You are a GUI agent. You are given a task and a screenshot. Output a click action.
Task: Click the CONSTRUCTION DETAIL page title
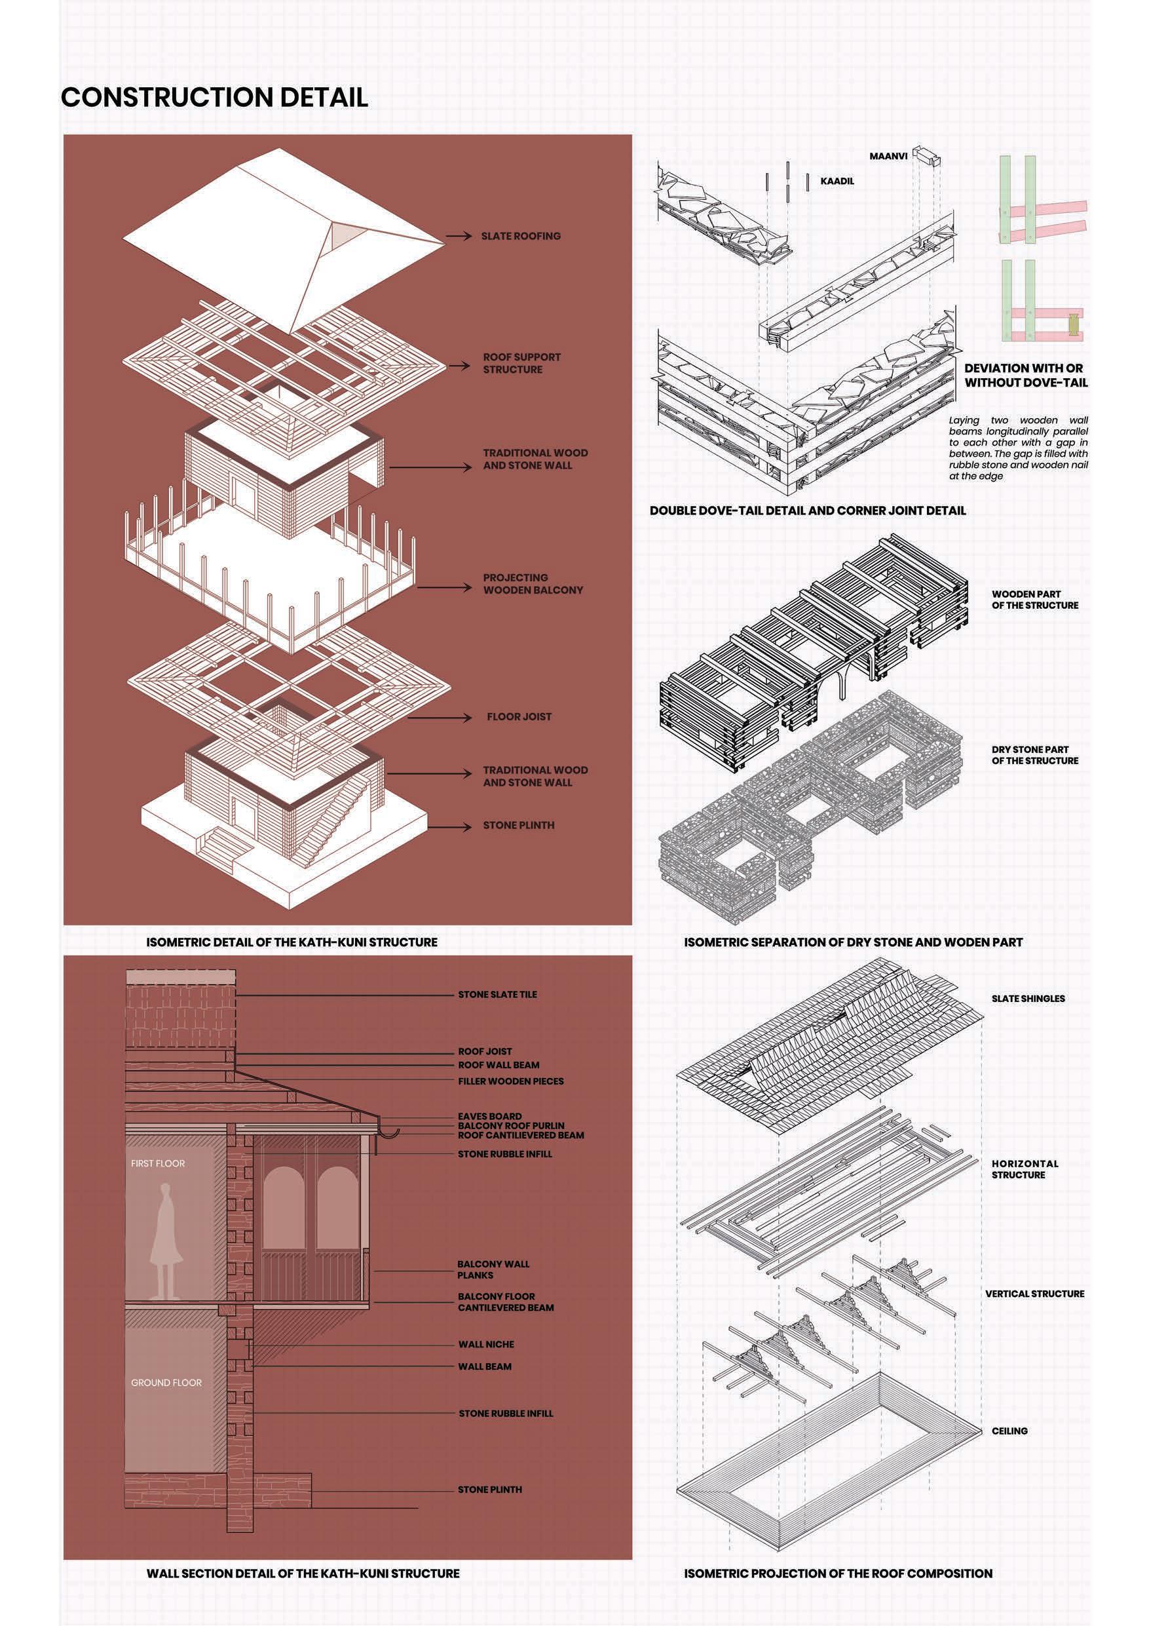214,97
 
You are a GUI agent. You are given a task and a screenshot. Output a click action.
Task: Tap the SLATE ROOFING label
520,236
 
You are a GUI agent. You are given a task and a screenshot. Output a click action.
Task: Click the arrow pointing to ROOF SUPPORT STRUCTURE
458,366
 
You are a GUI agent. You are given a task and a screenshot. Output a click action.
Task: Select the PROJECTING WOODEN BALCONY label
533,583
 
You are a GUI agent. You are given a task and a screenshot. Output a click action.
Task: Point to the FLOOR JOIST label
519,717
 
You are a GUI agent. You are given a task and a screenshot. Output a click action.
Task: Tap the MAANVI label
888,156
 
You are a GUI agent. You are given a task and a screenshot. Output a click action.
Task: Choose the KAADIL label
837,182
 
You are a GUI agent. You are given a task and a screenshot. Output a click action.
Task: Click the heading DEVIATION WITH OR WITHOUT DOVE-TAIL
1025,376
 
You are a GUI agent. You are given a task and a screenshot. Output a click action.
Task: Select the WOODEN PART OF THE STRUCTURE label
1034,600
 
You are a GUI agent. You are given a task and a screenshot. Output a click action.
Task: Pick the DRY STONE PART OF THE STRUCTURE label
1034,755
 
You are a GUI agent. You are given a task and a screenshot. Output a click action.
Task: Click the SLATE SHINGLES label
1028,999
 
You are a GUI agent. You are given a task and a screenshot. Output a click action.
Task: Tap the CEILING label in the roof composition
1009,1431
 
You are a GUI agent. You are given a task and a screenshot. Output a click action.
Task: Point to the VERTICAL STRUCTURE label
1034,1294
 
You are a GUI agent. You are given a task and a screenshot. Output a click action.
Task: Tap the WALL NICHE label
485,1344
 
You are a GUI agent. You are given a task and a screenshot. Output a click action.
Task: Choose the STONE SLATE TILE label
497,994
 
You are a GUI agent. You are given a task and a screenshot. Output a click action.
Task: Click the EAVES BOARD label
489,1116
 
